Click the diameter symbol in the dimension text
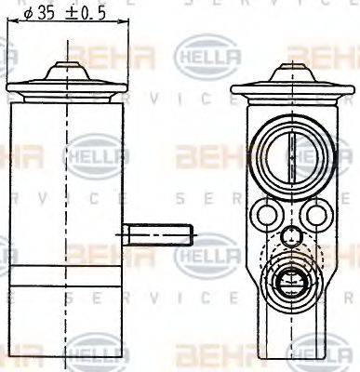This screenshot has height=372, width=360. (x=28, y=13)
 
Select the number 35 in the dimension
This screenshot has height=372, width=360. (x=47, y=13)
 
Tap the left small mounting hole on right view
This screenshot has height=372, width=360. (x=267, y=216)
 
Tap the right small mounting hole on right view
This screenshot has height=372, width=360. (x=316, y=216)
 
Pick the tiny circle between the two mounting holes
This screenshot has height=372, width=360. (x=292, y=236)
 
